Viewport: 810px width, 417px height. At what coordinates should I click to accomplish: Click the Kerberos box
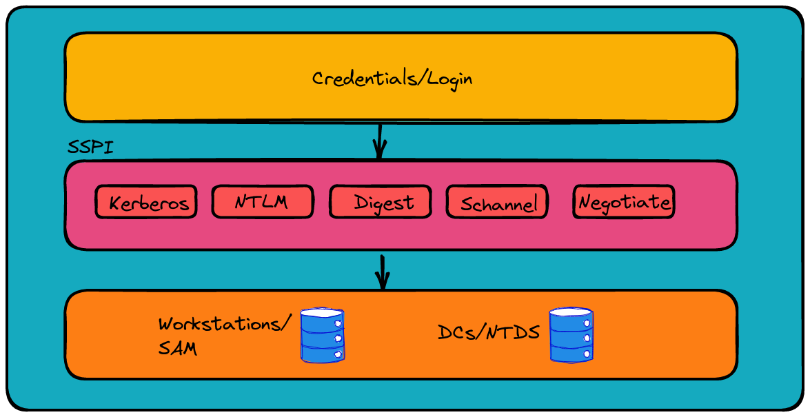coord(145,202)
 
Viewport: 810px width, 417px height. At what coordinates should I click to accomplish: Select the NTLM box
coord(262,202)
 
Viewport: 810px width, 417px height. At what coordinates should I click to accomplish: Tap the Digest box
coord(381,202)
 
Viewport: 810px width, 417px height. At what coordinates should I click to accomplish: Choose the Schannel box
coord(497,202)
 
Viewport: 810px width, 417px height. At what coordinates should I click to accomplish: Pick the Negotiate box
coord(623,202)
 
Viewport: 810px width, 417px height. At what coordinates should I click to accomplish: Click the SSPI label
coord(90,148)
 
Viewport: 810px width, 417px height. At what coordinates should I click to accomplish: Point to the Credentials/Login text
coord(392,78)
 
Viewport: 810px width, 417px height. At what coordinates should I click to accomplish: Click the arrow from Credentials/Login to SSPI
coord(379,141)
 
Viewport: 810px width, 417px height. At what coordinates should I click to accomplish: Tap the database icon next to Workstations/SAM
coord(322,336)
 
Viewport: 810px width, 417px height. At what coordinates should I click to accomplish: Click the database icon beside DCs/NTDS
coord(571,334)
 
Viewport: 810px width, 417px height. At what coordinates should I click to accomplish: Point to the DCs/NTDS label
coord(488,333)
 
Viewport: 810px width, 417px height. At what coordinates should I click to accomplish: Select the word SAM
coord(177,349)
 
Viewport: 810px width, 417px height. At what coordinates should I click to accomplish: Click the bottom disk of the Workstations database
coord(322,353)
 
